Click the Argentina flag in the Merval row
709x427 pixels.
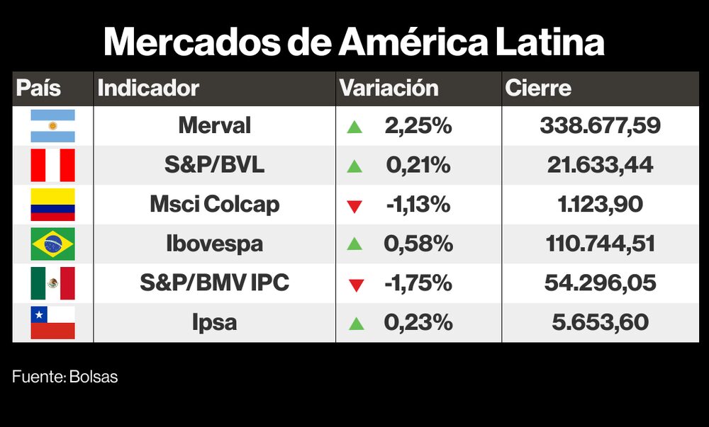tap(52, 126)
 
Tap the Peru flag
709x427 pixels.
tap(52, 166)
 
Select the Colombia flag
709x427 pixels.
tap(52, 205)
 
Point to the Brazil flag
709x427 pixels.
tap(52, 244)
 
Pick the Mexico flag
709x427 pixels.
tap(52, 283)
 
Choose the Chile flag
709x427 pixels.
tap(52, 323)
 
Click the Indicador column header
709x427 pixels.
tap(148, 89)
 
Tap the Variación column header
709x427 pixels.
tap(389, 89)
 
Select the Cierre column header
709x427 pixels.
tap(538, 89)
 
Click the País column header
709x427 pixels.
tap(38, 89)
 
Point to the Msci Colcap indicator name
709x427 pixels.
tap(214, 205)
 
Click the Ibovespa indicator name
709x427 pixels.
tap(214, 244)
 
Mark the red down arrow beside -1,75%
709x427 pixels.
tap(355, 285)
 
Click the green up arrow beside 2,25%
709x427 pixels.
tap(355, 127)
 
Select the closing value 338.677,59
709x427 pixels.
tap(600, 126)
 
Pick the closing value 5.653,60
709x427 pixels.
tap(600, 323)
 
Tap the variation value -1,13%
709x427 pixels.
tap(418, 205)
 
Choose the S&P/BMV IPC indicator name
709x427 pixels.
tap(214, 283)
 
